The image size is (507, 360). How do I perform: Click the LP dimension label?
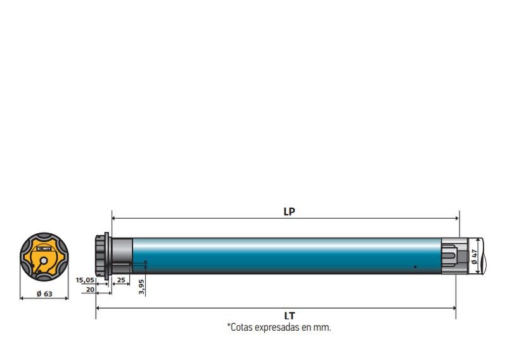pyautogui.click(x=290, y=212)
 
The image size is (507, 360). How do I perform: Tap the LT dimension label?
pyautogui.click(x=290, y=316)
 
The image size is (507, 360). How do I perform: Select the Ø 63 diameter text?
pyautogui.click(x=44, y=293)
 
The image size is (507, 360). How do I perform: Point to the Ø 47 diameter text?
pyautogui.click(x=474, y=256)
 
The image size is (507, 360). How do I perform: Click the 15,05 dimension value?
pyautogui.click(x=85, y=280)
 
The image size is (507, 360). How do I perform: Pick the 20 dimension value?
pyautogui.click(x=90, y=290)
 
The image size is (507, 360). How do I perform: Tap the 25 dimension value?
pyautogui.click(x=121, y=280)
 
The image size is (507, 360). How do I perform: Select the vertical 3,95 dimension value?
pyautogui.click(x=141, y=286)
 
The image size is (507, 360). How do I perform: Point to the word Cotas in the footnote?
pyautogui.click(x=240, y=327)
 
